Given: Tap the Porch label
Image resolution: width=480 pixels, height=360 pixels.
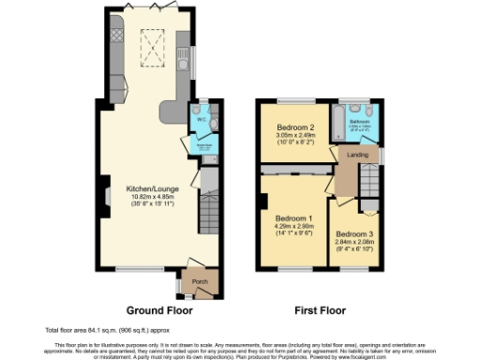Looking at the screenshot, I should pos(200,281).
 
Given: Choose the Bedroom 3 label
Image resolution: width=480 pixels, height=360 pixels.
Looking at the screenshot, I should pos(354,233).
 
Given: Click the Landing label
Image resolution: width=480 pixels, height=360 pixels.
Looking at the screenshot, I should pos(357,156).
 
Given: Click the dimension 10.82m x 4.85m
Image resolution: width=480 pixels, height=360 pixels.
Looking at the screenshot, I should pos(150,197).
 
